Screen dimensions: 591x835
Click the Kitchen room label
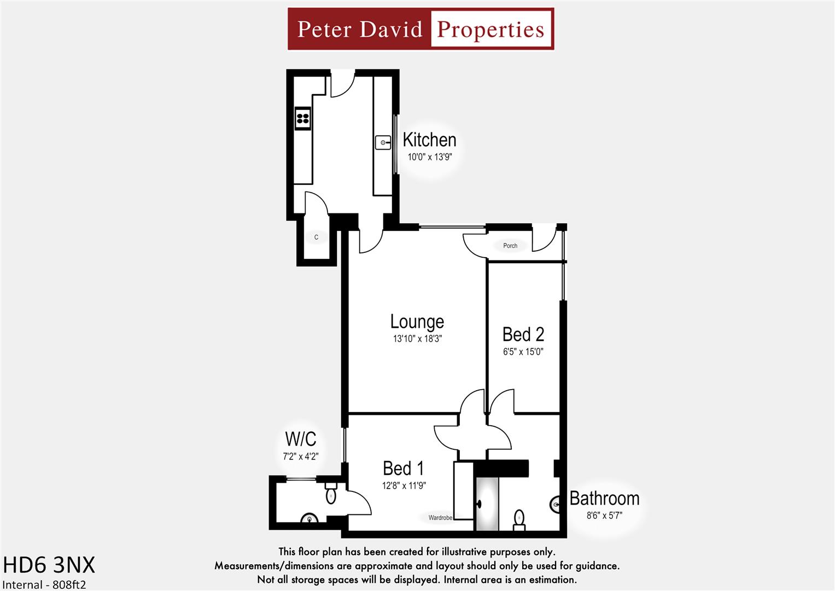(x=429, y=140)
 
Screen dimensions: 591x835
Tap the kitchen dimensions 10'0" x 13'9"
(x=429, y=157)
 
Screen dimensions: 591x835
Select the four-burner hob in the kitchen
(x=302, y=118)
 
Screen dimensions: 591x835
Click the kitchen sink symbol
(x=383, y=143)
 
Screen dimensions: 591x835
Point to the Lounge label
(x=417, y=322)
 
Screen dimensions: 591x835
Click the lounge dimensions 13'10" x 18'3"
(x=417, y=339)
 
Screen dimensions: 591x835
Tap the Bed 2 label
(x=523, y=334)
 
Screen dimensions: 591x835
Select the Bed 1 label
(x=403, y=468)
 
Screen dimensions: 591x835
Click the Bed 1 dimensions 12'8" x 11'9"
(x=404, y=485)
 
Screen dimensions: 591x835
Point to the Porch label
(x=510, y=246)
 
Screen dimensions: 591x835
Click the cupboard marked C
(x=316, y=237)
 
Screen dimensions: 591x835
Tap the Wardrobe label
(x=440, y=518)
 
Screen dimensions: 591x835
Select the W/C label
(x=300, y=439)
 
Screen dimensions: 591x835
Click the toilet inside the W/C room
(x=331, y=494)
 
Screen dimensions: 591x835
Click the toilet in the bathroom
(x=519, y=519)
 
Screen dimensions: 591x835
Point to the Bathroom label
(x=604, y=499)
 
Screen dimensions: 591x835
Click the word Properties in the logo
(x=491, y=29)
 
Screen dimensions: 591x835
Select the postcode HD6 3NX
(x=49, y=565)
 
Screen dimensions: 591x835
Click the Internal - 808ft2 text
(x=44, y=584)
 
